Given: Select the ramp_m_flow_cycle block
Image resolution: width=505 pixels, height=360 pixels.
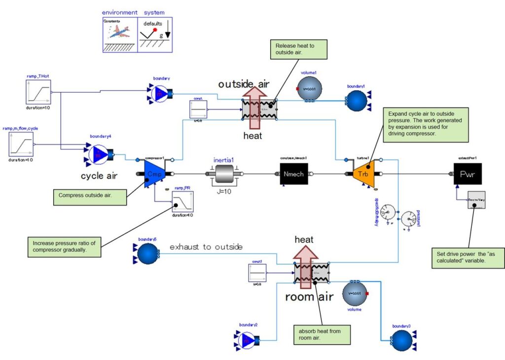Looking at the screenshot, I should point(21,144).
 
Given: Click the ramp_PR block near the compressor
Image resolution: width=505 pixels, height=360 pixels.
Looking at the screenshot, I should point(182,202).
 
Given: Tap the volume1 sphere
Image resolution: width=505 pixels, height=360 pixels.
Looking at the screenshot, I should point(309,89).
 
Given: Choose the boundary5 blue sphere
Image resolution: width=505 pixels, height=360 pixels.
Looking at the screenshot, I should point(146,254).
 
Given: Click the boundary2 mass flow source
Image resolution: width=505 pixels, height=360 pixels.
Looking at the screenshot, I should point(248,340).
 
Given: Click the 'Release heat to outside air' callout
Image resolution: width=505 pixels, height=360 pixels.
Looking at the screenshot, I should point(294,50).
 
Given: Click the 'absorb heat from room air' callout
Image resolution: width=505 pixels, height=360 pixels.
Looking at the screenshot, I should point(322,334).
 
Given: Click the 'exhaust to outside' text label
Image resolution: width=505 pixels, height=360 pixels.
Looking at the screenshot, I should point(206,247).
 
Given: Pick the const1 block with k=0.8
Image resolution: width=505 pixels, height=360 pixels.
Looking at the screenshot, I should point(257,273).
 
